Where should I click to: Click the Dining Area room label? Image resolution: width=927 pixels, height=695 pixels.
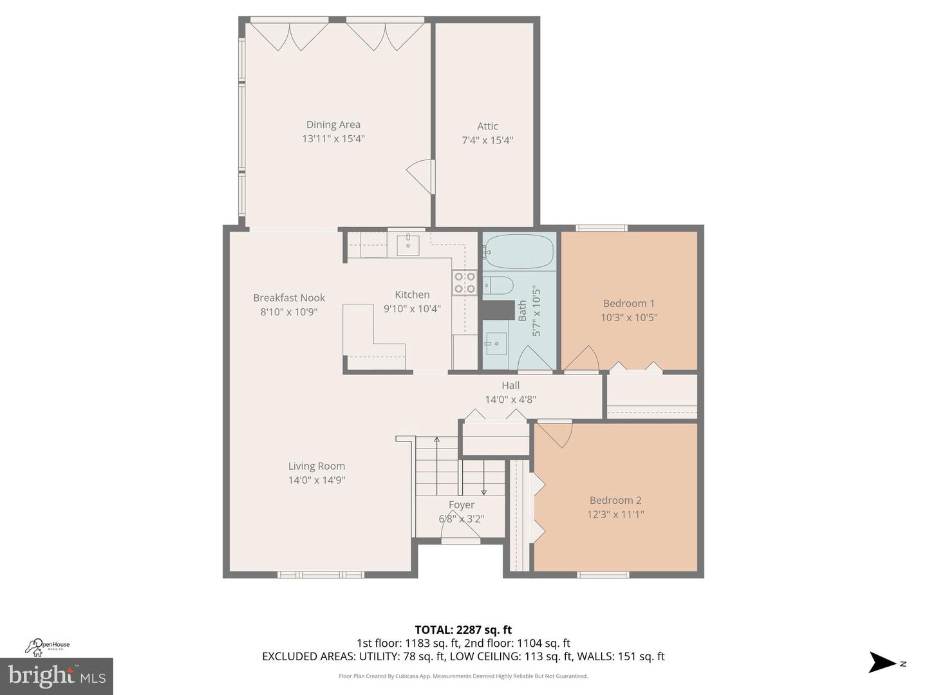[333, 125]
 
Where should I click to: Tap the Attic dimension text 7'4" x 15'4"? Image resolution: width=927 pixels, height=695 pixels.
[487, 140]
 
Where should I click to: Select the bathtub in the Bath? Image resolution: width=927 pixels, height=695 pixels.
[519, 252]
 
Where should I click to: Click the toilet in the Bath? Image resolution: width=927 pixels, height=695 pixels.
[498, 284]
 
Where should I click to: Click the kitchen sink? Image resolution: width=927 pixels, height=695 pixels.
[407, 245]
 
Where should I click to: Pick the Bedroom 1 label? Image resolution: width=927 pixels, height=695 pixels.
[628, 303]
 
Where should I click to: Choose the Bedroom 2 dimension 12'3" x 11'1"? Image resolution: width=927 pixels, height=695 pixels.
[615, 514]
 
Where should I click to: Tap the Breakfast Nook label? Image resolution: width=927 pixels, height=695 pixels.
[289, 298]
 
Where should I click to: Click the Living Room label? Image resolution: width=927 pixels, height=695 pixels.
[316, 466]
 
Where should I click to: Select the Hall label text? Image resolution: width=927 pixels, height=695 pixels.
[510, 385]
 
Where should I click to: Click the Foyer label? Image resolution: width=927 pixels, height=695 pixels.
[462, 505]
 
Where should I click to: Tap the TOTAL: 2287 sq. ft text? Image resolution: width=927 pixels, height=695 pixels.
[463, 630]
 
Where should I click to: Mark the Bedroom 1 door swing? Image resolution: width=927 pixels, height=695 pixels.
[583, 359]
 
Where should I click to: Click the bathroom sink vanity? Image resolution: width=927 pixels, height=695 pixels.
[496, 344]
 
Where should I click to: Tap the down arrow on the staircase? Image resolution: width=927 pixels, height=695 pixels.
[483, 492]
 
